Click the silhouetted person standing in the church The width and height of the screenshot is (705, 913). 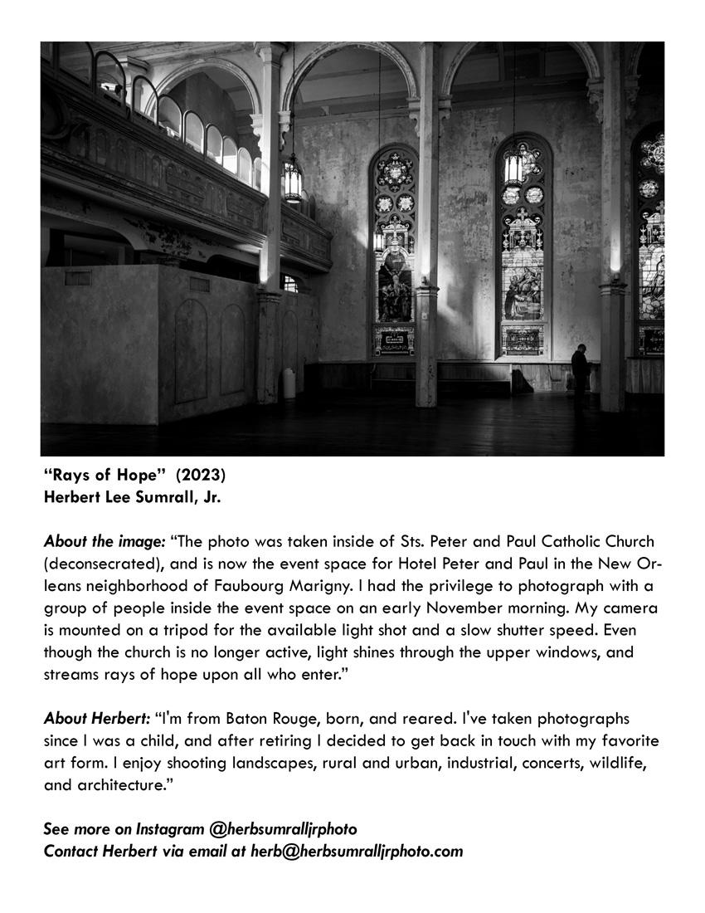(x=581, y=368)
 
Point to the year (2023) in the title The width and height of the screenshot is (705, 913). (x=200, y=476)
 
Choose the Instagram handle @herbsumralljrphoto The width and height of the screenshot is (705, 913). (x=283, y=828)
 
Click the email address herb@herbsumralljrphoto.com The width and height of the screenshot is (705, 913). (x=357, y=851)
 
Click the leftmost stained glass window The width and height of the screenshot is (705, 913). (x=393, y=249)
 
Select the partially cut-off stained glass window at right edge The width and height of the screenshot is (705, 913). (x=651, y=241)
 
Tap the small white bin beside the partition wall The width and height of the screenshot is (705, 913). (x=289, y=383)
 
